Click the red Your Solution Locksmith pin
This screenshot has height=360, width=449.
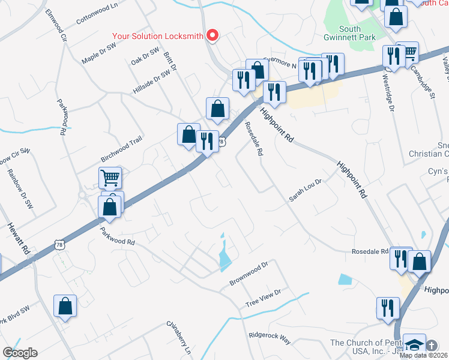212,36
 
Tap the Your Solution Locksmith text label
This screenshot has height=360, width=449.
157,36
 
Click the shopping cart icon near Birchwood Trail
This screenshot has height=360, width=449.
110,178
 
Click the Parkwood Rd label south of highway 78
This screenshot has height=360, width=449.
118,238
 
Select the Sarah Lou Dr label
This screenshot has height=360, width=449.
306,190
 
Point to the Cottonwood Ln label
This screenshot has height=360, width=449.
97,14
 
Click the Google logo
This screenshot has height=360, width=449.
20,353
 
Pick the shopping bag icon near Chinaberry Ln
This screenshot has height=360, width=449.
65,306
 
